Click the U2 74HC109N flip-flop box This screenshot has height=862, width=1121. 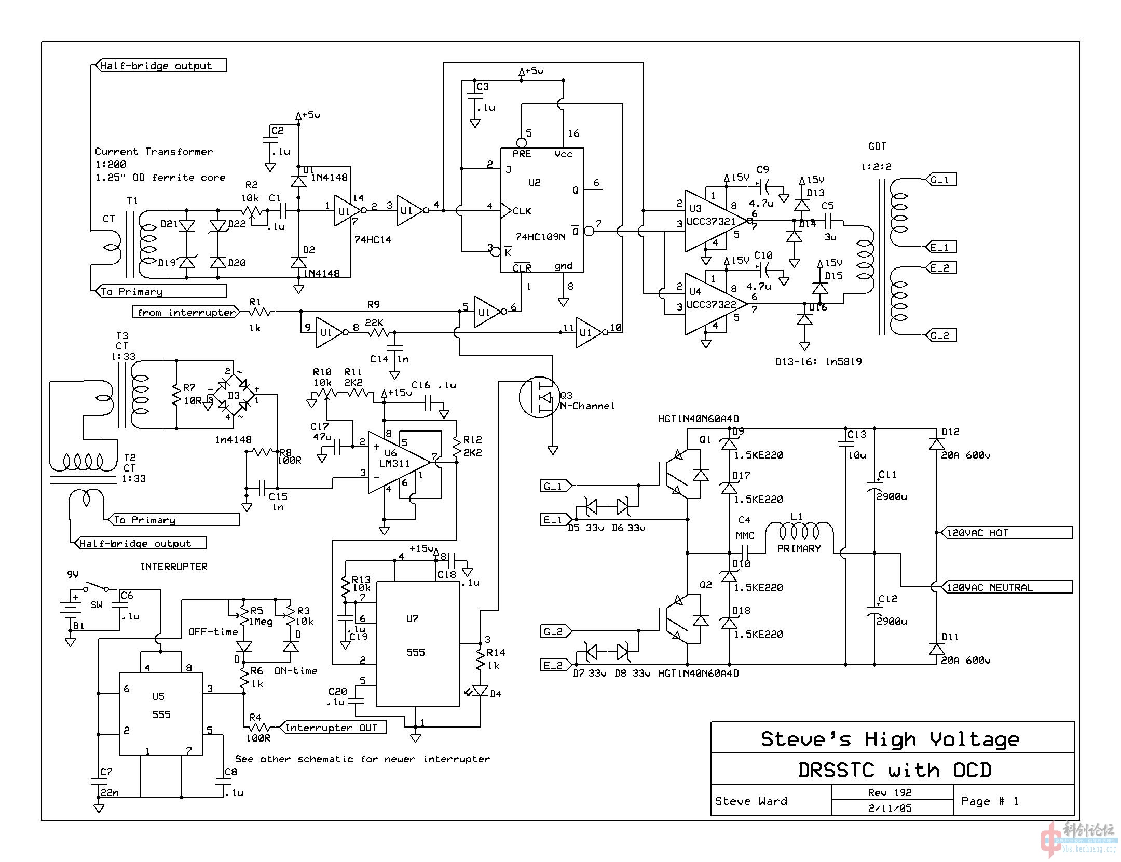(x=542, y=210)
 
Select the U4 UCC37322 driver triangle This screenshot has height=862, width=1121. (x=711, y=304)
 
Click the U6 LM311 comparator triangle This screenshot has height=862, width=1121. (x=394, y=462)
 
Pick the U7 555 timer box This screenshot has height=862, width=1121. (x=417, y=644)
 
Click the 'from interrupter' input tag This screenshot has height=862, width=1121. (x=186, y=312)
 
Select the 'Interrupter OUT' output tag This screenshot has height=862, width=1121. (x=332, y=728)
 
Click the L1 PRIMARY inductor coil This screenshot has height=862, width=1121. (x=799, y=532)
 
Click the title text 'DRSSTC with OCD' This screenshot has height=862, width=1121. (x=894, y=770)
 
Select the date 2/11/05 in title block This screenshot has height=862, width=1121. (x=890, y=808)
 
